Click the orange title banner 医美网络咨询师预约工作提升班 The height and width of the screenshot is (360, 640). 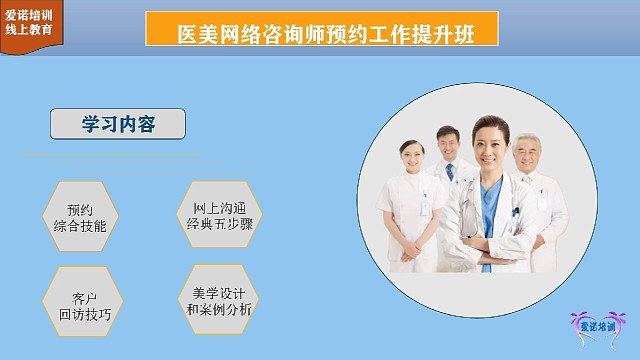tap(322, 32)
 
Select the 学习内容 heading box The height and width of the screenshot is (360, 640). tap(118, 124)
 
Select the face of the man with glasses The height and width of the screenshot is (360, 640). tap(446, 144)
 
